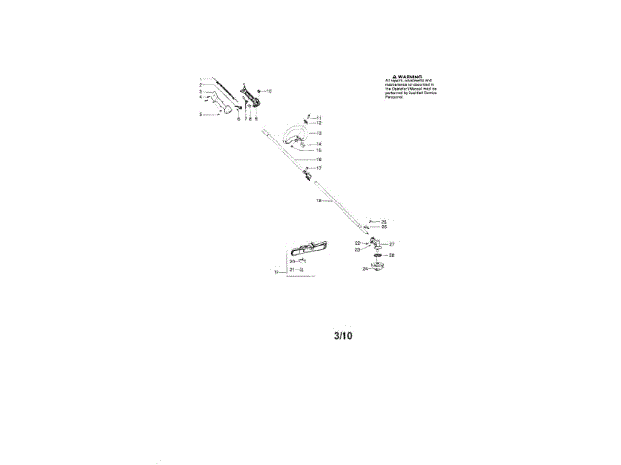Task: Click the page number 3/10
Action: coord(343,338)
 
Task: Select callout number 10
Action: coord(270,90)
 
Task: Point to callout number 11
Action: coord(319,117)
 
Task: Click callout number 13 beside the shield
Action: coord(319,133)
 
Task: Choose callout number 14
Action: coord(319,144)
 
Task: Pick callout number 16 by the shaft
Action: coord(319,159)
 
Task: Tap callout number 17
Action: coord(319,168)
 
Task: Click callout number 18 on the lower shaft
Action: coord(317,201)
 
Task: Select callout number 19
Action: coord(276,273)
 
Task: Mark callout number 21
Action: coord(292,270)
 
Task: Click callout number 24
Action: coord(365,269)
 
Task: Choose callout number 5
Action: coord(200,114)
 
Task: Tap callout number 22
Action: coord(357,243)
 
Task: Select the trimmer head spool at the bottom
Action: coord(376,267)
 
